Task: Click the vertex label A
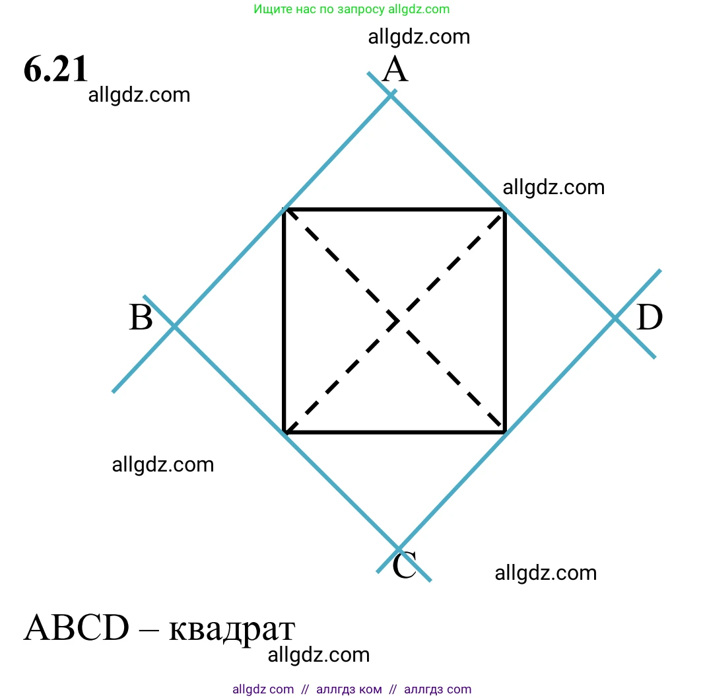[x=395, y=70]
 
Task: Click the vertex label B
[x=141, y=318]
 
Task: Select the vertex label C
[x=404, y=566]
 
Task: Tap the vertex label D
[x=650, y=318]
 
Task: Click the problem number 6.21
[x=55, y=69]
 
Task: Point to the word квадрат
[x=232, y=629]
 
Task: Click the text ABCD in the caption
[x=76, y=629]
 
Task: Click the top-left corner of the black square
[x=284, y=210]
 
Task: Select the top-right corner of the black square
[x=504, y=210]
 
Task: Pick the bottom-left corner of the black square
[x=284, y=433]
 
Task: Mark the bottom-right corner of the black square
[x=504, y=433]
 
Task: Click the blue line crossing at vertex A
[x=391, y=95]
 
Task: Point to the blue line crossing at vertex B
[x=174, y=326]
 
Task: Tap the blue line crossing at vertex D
[x=615, y=318]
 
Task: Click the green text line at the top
[x=351, y=9]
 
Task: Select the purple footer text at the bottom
[x=352, y=689]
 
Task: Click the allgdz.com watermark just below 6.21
[x=139, y=95]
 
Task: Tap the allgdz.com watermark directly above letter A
[x=419, y=37]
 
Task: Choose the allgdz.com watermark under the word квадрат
[x=319, y=655]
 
